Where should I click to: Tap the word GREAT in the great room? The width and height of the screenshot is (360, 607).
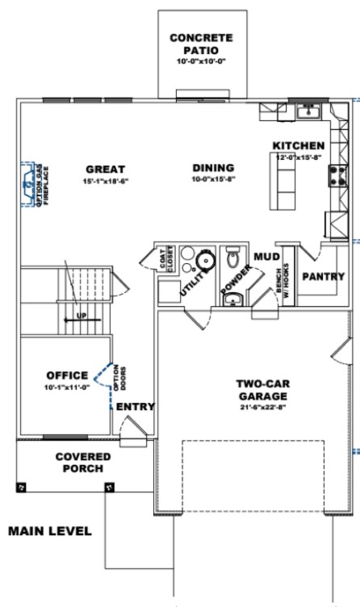(106, 169)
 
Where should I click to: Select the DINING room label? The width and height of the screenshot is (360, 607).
(213, 168)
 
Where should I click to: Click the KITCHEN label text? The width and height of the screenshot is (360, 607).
(299, 145)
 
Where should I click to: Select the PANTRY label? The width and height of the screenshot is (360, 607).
(323, 276)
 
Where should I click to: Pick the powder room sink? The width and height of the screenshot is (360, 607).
(232, 299)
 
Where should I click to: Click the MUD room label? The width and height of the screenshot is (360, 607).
(266, 257)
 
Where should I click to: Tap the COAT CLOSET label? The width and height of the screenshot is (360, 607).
(165, 257)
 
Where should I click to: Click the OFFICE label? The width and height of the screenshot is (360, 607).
(66, 375)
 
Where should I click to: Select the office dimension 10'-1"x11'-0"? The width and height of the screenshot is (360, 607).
(66, 387)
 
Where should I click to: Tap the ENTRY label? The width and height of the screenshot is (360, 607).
(135, 406)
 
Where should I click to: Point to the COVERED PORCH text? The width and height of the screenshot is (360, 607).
(83, 463)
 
